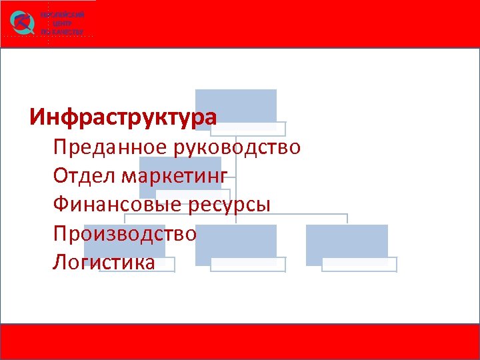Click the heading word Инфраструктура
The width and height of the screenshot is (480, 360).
tap(123, 117)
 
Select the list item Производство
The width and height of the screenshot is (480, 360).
tap(125, 233)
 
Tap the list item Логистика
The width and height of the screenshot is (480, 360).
tap(103, 262)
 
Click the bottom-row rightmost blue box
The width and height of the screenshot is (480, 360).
tap(347, 241)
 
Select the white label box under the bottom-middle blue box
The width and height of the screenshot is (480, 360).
tap(248, 265)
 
